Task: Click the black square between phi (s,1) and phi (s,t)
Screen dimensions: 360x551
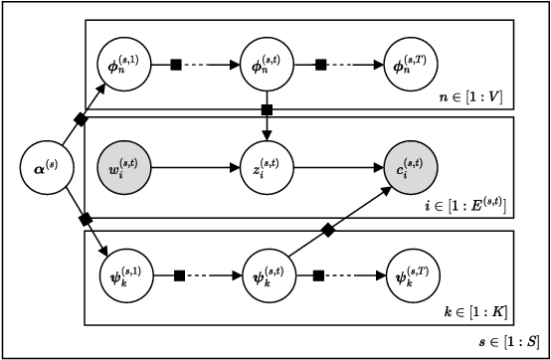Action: pos(177,65)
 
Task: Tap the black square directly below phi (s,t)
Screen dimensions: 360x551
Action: pos(267,108)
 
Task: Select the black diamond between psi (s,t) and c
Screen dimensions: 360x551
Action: pos(327,229)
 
